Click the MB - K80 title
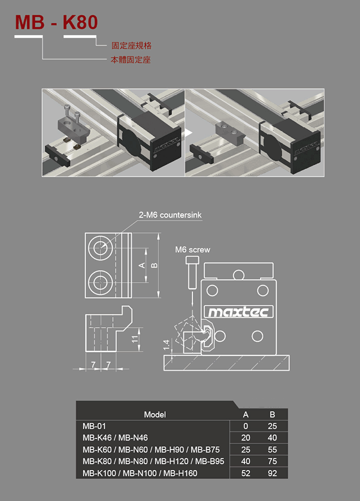[56, 23]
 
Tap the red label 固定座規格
[131, 45]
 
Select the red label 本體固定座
[130, 60]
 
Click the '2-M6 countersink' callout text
[170, 215]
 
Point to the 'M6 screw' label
[192, 249]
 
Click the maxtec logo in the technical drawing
[239, 312]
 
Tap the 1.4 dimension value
[166, 345]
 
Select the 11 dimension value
[135, 339]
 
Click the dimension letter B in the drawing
[153, 265]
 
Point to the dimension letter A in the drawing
[142, 265]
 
